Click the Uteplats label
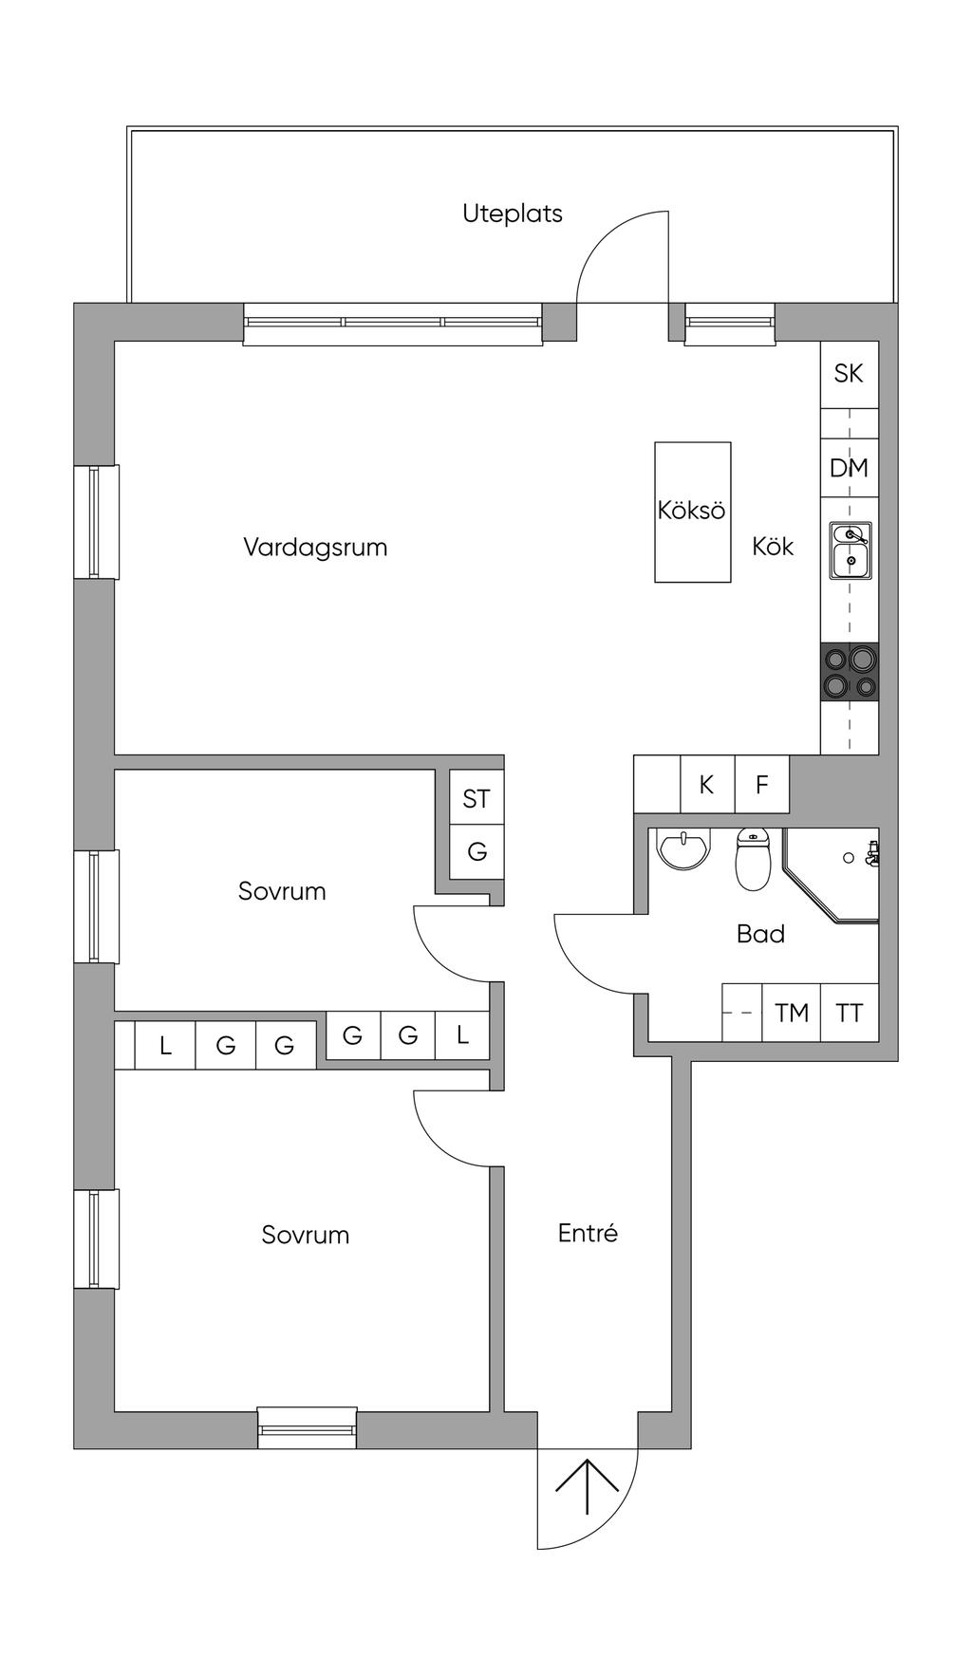click(512, 214)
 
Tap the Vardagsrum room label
click(315, 548)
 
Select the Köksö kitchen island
click(692, 511)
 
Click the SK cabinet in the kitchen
click(849, 374)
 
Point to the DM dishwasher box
click(849, 468)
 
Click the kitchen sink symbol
click(850, 550)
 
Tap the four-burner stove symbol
click(850, 672)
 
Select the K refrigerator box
click(707, 785)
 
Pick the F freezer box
click(761, 785)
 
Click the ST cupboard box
click(477, 798)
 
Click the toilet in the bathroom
click(754, 862)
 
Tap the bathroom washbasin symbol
click(683, 849)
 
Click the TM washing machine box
click(791, 1013)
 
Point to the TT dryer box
click(849, 1013)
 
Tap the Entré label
click(588, 1233)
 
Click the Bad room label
click(760, 934)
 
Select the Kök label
click(773, 547)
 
